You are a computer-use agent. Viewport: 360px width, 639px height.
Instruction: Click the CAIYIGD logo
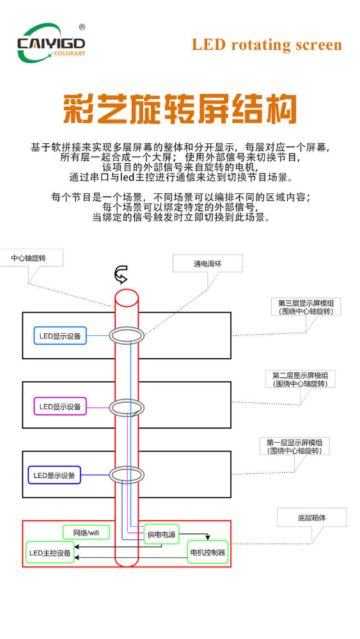pos(51,43)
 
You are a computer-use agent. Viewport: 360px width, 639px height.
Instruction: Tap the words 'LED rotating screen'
pos(267,44)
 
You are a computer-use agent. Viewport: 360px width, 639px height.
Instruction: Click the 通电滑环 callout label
pos(208,264)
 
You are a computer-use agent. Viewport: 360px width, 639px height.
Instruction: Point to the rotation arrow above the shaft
pos(121,274)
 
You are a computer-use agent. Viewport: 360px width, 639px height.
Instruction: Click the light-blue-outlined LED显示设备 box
pos(60,336)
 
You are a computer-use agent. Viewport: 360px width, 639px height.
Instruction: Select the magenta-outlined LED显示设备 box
pos(60,406)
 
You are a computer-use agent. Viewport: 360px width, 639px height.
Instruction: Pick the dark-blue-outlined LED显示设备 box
pos(54,475)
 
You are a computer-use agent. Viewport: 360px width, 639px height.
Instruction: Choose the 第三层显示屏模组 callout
pos(306,307)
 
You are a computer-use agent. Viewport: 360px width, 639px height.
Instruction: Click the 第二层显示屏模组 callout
pos(300,379)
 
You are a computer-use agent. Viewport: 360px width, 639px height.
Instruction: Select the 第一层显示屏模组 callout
pos(294,446)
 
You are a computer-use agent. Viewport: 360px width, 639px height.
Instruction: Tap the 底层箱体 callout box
pos(312,517)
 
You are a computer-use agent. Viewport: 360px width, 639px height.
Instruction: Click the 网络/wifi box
pos(86,532)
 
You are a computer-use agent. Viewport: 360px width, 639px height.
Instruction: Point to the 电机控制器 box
pos(208,553)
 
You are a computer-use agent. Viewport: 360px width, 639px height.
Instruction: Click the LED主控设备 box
pos(50,553)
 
